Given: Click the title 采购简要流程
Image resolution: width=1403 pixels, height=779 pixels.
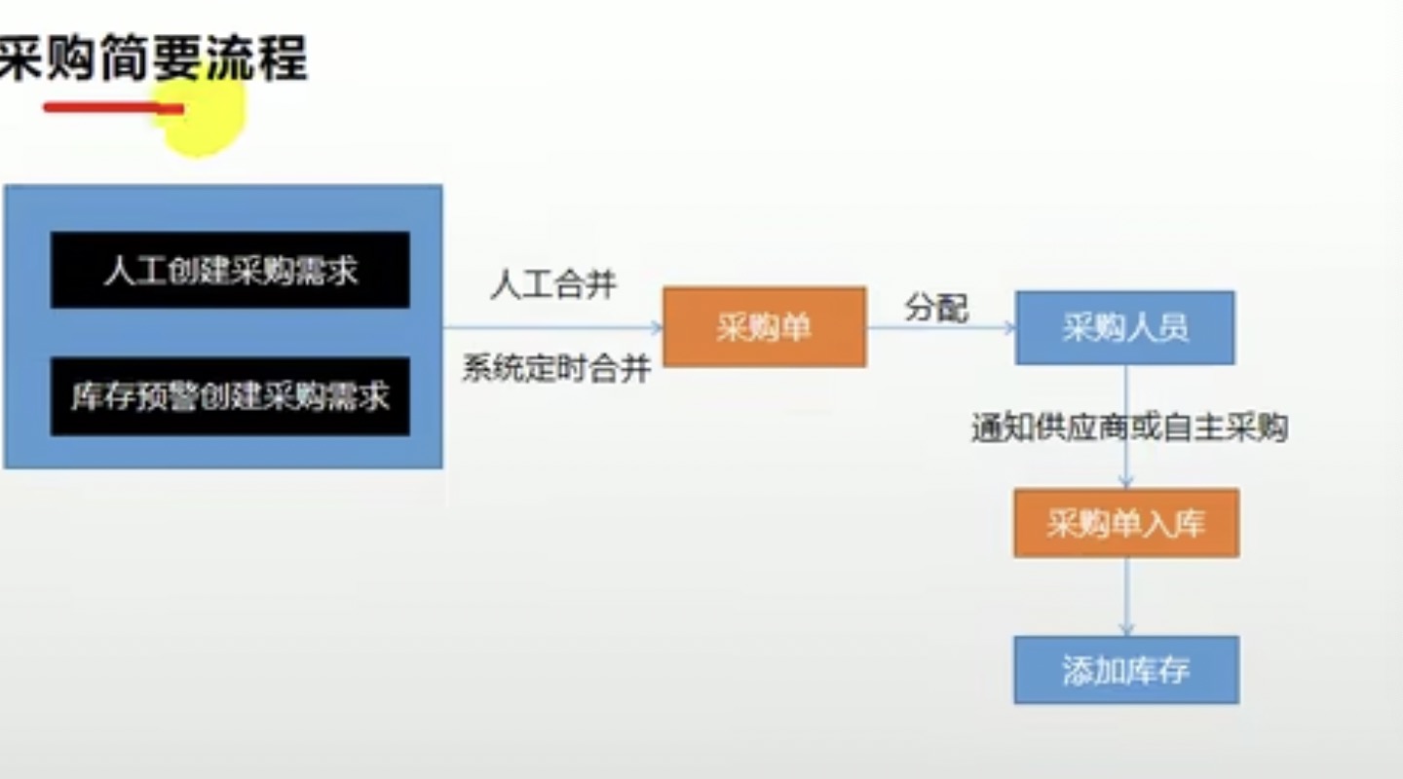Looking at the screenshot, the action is coord(153,58).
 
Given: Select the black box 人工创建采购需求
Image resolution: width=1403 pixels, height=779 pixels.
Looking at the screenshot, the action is coord(230,270).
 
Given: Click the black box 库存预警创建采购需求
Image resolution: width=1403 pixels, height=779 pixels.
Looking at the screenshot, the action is coord(230,396).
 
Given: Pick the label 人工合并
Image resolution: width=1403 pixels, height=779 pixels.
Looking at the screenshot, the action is coord(553,285).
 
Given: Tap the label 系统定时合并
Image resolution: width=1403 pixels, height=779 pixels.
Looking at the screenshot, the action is coord(556,369).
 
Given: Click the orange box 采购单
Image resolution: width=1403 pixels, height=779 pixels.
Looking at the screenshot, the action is coord(764,327).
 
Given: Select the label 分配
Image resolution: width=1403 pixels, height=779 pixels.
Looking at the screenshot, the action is coord(935,309).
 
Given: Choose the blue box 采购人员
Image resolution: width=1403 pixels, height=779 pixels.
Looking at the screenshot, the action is coord(1124,328).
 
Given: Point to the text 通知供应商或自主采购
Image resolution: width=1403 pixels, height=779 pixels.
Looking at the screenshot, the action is coord(1129,427).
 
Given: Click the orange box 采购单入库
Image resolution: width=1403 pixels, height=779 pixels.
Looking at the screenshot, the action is coord(1126,524).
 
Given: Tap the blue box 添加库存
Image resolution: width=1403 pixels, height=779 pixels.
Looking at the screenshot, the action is coord(1126,670).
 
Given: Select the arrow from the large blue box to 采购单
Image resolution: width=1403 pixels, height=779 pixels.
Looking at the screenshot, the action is coord(551,327).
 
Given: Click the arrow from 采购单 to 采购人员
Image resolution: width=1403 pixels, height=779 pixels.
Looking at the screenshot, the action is coord(939,328).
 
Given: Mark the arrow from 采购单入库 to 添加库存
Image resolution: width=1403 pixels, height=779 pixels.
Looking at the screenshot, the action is coord(1126,596).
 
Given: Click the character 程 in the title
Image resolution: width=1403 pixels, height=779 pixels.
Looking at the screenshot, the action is coord(283,58).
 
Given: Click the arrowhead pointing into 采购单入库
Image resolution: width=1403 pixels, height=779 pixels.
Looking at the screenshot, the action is coord(1126,481).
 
